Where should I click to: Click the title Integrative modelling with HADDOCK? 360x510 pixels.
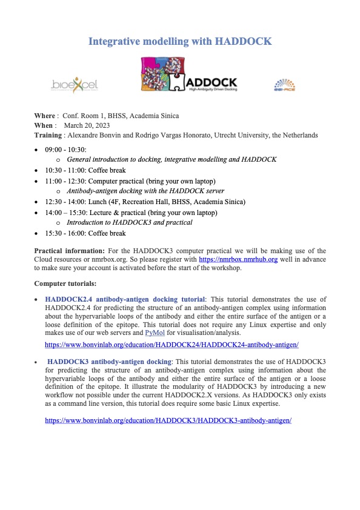180,41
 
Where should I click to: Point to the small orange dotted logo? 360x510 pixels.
284,85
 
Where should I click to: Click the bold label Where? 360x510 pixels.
44,116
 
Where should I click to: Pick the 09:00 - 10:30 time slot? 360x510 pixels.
65,150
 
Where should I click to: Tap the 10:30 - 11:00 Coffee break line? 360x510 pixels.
85,171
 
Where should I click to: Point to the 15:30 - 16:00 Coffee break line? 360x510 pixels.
85,233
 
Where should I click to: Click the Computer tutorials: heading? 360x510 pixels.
64,283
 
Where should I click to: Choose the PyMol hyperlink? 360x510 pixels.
155,333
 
